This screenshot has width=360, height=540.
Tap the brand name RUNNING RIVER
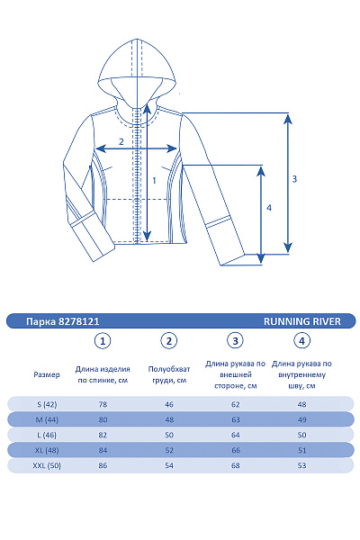[x=302, y=320]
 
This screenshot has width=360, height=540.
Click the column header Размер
[x=47, y=374]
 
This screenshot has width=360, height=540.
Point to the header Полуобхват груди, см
[x=168, y=374]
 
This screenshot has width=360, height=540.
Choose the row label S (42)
[x=46, y=404]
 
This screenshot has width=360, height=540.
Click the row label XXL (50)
[x=46, y=465]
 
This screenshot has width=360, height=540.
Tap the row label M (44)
[x=46, y=419]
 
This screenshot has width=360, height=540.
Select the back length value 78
[x=103, y=404]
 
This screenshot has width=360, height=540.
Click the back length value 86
[x=103, y=465]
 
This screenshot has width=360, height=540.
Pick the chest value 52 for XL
[x=168, y=450]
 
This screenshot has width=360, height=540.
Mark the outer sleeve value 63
[x=236, y=419]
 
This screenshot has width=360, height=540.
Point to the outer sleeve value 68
[x=236, y=465]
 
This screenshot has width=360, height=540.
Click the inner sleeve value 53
[x=302, y=465]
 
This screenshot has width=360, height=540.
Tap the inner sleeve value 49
[x=302, y=419]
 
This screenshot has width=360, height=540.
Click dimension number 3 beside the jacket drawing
[x=294, y=178]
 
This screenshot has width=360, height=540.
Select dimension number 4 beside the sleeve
[x=268, y=208]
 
